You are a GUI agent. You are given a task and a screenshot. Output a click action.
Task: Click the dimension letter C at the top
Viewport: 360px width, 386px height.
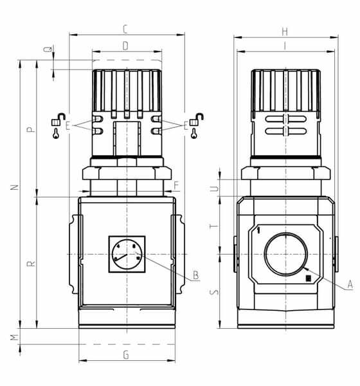(x=125, y=30)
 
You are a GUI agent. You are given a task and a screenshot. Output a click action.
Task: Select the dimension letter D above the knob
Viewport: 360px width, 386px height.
(x=125, y=46)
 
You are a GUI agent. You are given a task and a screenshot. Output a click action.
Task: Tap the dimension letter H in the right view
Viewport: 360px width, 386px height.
(x=285, y=32)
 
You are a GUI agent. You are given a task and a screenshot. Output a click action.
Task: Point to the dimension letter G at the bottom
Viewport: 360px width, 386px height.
(x=126, y=355)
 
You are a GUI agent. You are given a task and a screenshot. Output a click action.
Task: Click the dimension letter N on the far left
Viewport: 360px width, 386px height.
(x=15, y=187)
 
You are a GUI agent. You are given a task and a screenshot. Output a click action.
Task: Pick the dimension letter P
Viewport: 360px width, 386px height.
(x=31, y=129)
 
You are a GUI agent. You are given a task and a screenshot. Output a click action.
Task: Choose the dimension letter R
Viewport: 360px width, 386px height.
(x=32, y=264)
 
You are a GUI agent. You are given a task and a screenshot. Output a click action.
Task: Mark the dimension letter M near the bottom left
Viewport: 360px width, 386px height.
(x=15, y=337)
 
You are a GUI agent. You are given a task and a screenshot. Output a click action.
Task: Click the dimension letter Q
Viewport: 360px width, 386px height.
(x=48, y=49)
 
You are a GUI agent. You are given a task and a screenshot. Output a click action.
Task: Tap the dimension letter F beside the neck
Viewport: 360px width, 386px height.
(x=176, y=185)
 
